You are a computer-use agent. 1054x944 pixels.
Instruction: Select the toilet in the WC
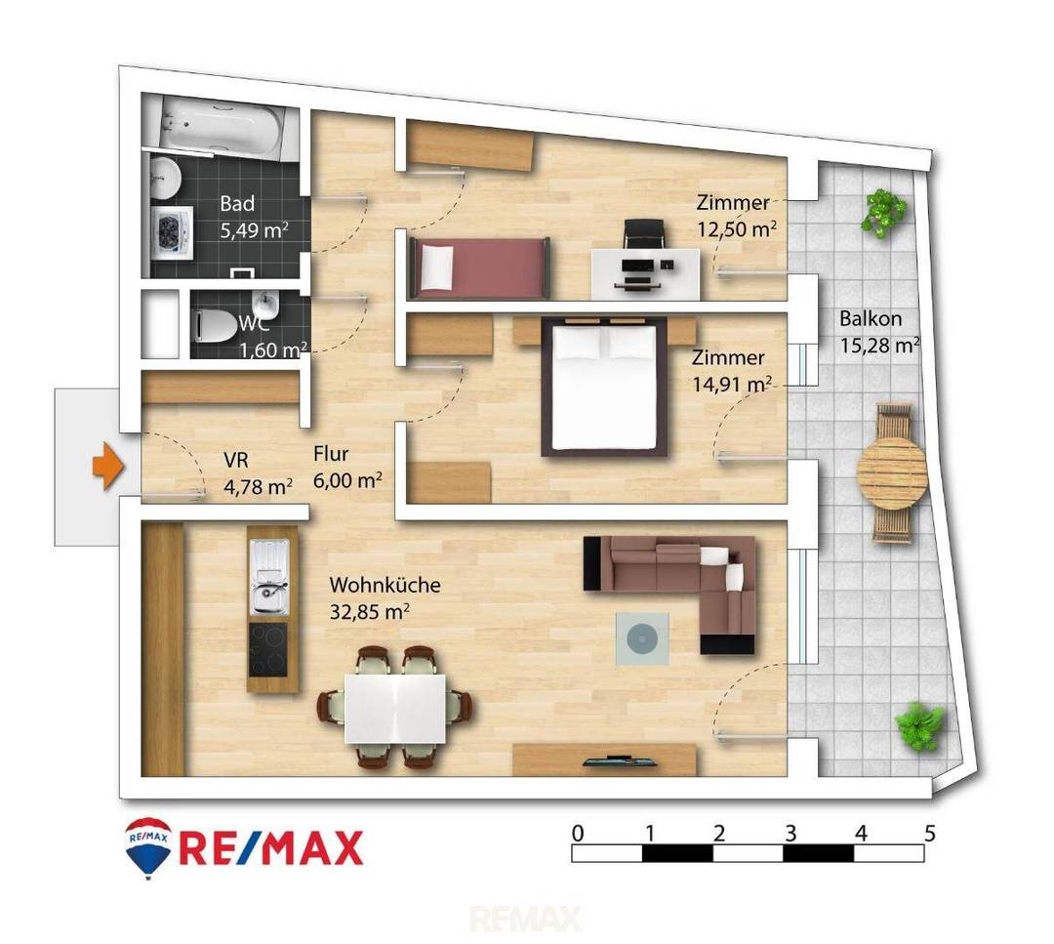point(214,325)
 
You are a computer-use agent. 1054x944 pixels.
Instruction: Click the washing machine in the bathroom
point(172,231)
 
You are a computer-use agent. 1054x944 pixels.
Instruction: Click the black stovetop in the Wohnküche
point(268,649)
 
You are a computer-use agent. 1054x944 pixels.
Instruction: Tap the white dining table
point(395,708)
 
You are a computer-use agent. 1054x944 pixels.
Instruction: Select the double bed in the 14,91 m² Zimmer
point(605,387)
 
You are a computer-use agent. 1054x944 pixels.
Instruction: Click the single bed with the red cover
point(478,267)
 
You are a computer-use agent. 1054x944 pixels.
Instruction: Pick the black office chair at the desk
point(643,234)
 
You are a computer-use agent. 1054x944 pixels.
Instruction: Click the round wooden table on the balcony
point(892,472)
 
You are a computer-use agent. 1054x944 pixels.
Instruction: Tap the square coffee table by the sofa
point(642,638)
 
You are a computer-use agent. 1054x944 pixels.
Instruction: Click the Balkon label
point(871,318)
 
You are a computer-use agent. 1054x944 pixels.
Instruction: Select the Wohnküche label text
point(385,585)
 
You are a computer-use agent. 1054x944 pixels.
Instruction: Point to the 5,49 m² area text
point(255,230)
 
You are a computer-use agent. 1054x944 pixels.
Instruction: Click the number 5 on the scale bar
point(930,834)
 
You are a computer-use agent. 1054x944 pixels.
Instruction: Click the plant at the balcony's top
point(884,213)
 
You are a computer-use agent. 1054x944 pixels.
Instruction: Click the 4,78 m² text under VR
point(258,486)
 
